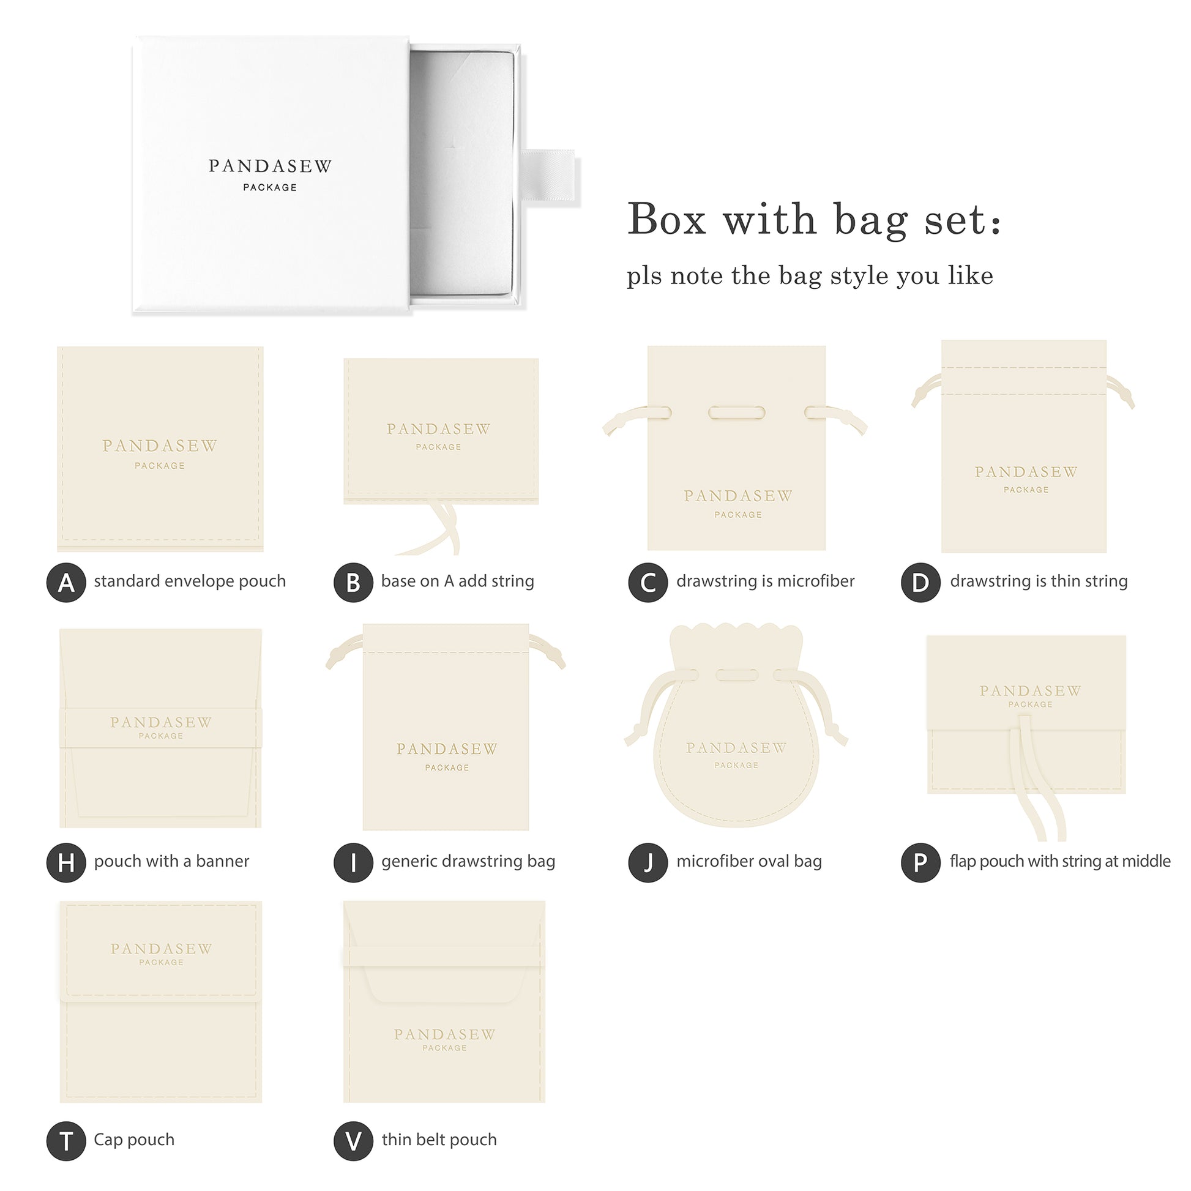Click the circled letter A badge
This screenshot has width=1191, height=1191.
tap(66, 583)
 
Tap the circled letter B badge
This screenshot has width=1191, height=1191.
tap(353, 583)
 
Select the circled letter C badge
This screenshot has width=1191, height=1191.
tap(648, 583)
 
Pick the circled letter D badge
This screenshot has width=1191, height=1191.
tap(920, 583)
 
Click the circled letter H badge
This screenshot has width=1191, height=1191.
tap(66, 862)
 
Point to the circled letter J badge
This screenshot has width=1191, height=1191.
tap(648, 862)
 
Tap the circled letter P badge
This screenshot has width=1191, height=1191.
tap(920, 862)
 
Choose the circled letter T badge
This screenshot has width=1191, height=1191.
tap(66, 1141)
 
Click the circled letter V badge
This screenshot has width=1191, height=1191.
tap(353, 1141)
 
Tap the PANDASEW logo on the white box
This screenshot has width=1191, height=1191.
tap(270, 166)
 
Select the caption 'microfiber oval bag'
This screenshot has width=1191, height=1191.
tap(749, 861)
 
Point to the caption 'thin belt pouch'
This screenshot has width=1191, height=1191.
tap(439, 1140)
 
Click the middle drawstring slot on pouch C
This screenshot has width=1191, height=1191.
tap(737, 413)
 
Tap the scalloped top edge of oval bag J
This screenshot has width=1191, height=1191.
tap(736, 633)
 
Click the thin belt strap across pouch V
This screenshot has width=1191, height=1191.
tap(444, 957)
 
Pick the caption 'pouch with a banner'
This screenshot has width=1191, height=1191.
tap(171, 861)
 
